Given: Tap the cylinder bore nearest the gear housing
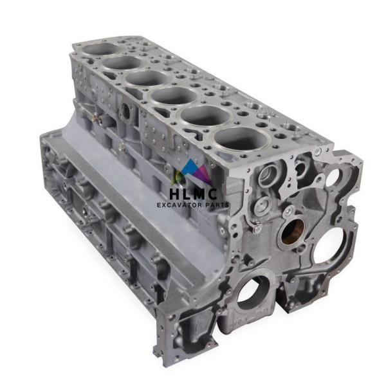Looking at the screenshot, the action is [241, 138].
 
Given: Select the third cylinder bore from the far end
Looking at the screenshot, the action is [147, 78].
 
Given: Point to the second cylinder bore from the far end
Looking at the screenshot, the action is [122, 62].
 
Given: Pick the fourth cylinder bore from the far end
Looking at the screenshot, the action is [174, 95].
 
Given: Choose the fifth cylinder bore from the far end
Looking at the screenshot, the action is [206, 115].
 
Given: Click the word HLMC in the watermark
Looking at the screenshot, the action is [194, 194].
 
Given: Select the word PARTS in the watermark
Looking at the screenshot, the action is [218, 205].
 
